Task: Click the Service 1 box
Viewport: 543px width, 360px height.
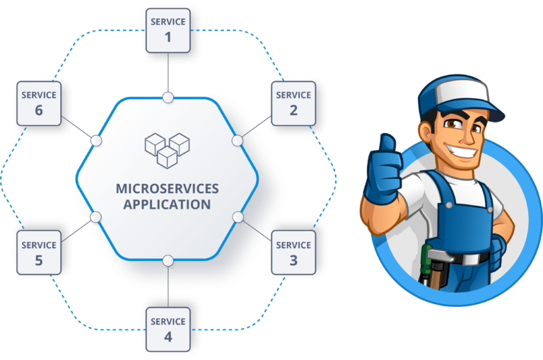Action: point(168,30)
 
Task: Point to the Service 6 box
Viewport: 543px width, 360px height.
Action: point(38,103)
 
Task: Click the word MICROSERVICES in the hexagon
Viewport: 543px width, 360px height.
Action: point(168,189)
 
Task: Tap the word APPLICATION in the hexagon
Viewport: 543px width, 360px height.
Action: point(168,204)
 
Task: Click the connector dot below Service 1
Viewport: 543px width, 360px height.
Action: point(168,98)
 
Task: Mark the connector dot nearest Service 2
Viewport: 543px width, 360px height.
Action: point(238,141)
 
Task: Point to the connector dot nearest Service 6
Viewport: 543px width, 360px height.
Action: point(97,141)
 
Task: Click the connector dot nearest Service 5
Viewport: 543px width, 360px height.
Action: point(97,216)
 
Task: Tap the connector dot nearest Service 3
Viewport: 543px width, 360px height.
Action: point(238,216)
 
